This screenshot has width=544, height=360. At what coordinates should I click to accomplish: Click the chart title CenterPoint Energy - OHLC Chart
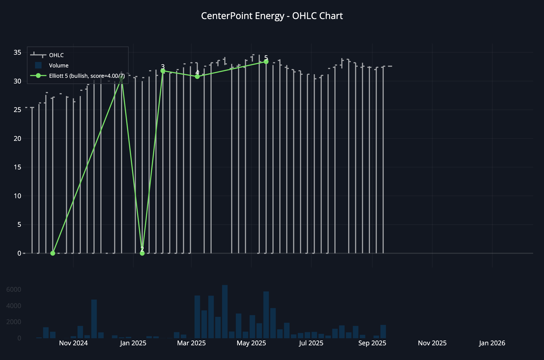pos(272,16)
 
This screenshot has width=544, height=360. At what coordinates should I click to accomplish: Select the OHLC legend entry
pos(56,55)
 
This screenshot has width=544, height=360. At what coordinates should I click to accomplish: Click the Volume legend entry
pos(58,66)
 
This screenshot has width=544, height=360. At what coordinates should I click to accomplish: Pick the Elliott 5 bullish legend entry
pos(87,76)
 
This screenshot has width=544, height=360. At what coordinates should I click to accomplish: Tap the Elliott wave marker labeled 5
pos(266,62)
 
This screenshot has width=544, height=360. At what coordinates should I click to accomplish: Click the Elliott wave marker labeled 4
pos(197,77)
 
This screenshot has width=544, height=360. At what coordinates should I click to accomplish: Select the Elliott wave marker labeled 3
pos(163,71)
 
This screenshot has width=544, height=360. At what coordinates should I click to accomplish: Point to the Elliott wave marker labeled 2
pos(142,253)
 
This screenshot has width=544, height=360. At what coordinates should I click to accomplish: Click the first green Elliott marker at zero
pos(53,253)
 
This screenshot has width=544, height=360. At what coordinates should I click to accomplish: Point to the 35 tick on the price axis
pos(17,52)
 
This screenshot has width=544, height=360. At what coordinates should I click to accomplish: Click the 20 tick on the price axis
pos(17,138)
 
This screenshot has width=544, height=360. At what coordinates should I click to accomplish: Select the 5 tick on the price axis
pos(19,225)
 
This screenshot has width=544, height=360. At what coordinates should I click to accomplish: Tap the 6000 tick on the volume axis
pos(14,290)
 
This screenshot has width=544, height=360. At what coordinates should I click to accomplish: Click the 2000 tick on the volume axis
pos(14,322)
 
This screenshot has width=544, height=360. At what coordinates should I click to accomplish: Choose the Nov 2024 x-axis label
pos(73,343)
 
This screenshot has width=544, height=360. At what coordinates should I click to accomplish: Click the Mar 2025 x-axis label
pos(191,343)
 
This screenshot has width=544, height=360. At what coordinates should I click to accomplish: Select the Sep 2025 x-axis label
pos(372,343)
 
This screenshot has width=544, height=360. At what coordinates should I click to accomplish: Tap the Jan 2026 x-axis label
pos(492,343)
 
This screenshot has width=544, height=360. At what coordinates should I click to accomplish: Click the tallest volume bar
pos(225,312)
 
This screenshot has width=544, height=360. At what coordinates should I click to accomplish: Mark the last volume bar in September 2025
pos(383,331)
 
